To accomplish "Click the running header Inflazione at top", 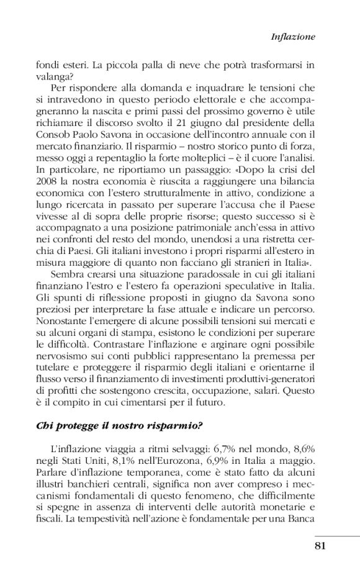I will pyautogui.click(x=293, y=37).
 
